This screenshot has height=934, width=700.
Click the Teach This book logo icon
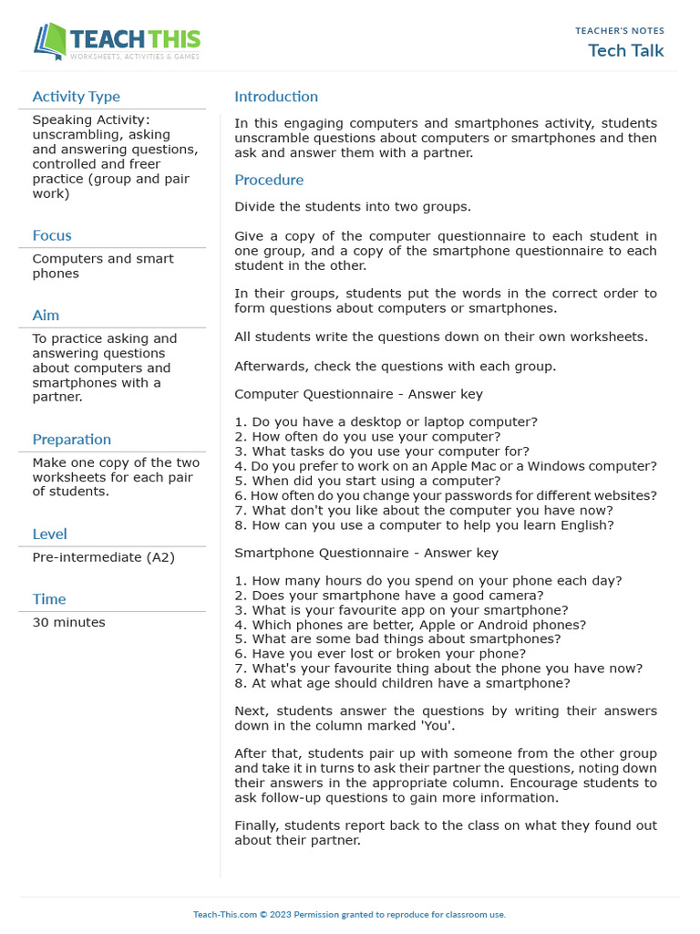(x=50, y=42)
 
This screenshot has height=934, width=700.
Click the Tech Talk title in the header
(x=626, y=50)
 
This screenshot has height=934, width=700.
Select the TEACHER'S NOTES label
(x=619, y=31)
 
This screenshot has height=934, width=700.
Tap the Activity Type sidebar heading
(x=76, y=97)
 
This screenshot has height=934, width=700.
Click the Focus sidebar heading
(x=52, y=235)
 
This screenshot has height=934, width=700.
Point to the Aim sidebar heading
(x=46, y=315)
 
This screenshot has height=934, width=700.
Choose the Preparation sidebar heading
(x=71, y=439)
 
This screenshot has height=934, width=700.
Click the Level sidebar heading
(x=49, y=534)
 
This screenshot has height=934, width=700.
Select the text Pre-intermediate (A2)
(x=103, y=557)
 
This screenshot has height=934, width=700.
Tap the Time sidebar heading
(x=49, y=599)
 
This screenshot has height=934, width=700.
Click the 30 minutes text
(x=68, y=623)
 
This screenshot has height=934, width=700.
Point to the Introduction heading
(x=276, y=97)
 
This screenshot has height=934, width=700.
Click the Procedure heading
(x=269, y=180)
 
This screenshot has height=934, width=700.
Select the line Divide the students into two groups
(x=353, y=207)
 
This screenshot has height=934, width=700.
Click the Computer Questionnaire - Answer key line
(x=358, y=395)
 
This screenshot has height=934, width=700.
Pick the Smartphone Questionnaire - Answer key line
(x=366, y=553)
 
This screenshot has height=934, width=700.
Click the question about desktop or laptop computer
(x=386, y=422)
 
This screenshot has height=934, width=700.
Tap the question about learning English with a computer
(x=424, y=525)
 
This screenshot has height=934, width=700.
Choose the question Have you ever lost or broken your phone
(x=380, y=654)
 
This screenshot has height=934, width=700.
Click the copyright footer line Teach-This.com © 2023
(x=349, y=915)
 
